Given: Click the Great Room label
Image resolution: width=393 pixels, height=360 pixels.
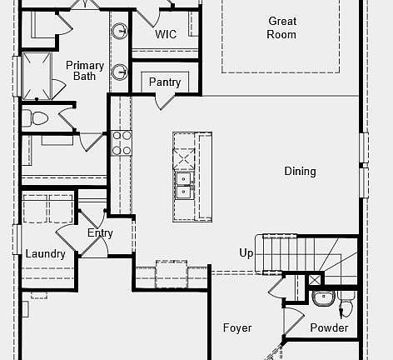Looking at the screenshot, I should point(282,27).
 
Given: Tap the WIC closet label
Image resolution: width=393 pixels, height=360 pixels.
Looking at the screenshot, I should point(167,35).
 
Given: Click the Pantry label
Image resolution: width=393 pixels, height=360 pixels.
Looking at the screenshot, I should point(165,82).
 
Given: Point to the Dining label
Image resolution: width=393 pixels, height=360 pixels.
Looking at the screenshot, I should point(300,172).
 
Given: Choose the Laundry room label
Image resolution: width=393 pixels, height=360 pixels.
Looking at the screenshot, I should point(45,254).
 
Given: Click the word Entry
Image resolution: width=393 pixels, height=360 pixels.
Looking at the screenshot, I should point(100,233).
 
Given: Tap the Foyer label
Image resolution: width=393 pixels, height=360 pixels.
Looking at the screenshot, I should point(237,327).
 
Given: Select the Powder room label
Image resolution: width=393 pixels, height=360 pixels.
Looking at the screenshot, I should point(329,327).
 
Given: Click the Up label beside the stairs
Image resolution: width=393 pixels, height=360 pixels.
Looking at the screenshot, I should point(246,252).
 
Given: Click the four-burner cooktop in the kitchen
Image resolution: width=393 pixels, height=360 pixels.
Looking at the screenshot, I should point(122,143).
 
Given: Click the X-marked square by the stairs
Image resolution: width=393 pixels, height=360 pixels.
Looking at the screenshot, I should point(314,280).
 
